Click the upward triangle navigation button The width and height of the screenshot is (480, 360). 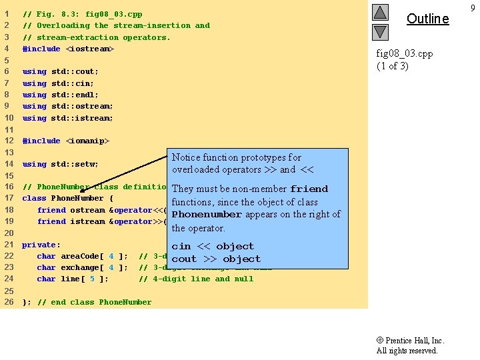pos(379,12)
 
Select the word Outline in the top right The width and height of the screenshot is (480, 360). pos(427,19)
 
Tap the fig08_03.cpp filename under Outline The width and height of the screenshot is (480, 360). pos(405,53)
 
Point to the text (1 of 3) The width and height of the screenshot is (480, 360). pos(393,65)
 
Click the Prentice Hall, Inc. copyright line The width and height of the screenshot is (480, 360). pos(410,340)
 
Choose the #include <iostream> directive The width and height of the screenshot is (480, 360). pos(68,49)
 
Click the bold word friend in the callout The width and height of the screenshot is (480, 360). pos(309,189)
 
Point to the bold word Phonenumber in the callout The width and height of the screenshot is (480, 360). pos(207,215)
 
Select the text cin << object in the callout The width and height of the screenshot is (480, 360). pos(213,246)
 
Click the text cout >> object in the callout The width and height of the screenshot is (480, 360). pos(216,259)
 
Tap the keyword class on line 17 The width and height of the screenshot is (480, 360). pos(35,198)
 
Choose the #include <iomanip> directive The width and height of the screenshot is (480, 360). pos(65,141)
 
